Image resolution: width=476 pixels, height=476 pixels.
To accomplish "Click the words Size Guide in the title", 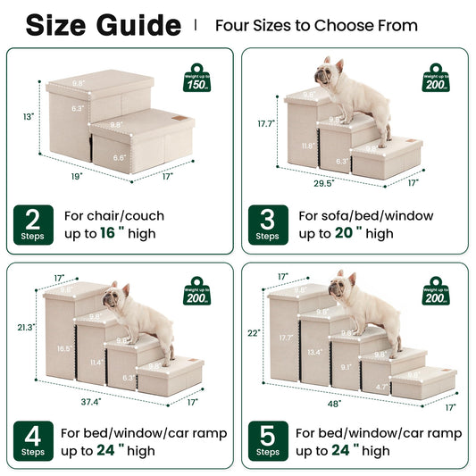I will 103,25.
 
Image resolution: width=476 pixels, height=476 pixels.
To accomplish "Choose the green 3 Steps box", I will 267,224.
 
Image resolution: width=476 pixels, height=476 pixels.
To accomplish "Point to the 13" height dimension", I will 29,117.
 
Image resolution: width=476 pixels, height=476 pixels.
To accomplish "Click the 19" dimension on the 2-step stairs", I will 53,177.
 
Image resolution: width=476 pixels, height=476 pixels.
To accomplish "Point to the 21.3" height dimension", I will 26,328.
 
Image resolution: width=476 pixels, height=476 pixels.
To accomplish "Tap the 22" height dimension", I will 254,333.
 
